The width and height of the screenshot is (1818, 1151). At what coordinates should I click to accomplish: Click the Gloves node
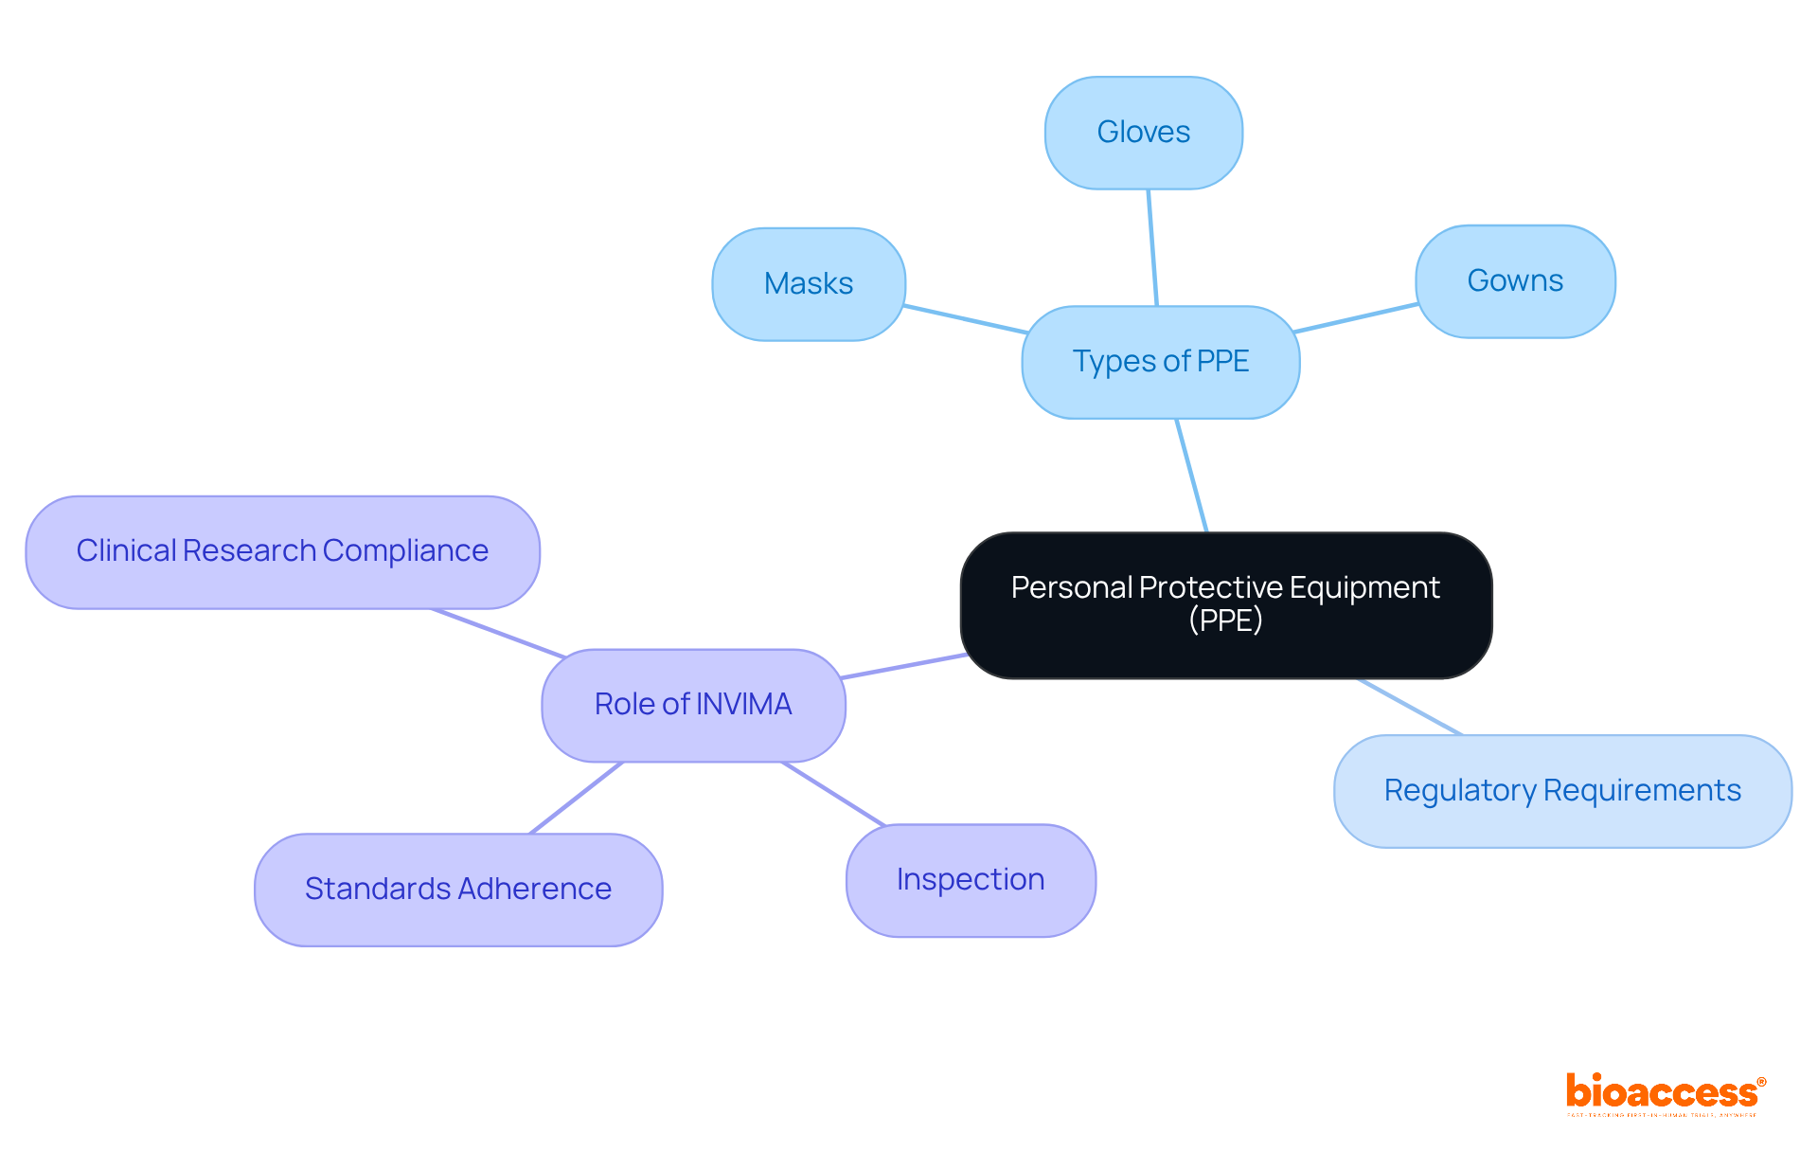pos(1143,133)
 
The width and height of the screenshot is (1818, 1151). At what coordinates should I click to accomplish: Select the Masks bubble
pos(808,284)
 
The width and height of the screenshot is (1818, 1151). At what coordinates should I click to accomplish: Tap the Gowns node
pos(1514,281)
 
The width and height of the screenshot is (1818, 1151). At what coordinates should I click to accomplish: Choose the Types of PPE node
pos(1160,362)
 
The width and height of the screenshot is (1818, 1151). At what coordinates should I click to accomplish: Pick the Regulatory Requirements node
pos(1561,791)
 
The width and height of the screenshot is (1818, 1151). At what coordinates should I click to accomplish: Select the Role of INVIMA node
pos(692,705)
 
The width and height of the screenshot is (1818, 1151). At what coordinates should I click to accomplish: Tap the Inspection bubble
pos(970,880)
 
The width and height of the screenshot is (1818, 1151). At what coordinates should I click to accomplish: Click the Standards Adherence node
pos(457,890)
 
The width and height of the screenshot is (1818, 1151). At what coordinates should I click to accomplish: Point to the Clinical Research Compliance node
pos(282,551)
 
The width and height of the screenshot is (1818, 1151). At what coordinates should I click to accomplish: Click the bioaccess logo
pos(1664,1094)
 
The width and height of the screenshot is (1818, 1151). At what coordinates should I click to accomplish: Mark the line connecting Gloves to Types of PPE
pos(1152,247)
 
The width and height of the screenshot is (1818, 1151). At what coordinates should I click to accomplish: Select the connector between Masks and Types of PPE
pos(965,319)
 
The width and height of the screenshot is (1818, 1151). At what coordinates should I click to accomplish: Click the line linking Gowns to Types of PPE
pos(1356,318)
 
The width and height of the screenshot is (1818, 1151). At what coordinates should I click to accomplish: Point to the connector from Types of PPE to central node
pos(1191,476)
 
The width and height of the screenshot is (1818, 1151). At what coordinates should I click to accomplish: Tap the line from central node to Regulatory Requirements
pos(1410,707)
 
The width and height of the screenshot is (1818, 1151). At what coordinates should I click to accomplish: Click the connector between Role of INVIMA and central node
pos(904,666)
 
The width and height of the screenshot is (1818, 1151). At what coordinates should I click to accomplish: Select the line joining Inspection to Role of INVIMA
pos(833,794)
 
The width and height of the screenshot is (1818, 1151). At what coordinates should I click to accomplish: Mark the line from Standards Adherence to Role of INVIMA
pos(576,798)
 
